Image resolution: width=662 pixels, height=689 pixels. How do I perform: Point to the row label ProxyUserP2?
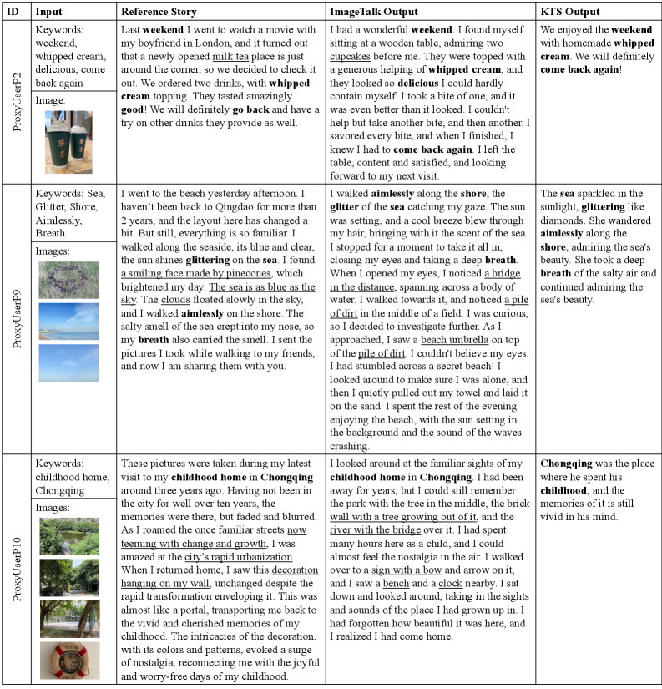[x=17, y=103]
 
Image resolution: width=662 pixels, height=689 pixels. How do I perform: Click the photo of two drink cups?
[x=68, y=142]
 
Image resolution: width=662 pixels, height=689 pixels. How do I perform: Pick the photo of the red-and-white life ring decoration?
[x=68, y=660]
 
